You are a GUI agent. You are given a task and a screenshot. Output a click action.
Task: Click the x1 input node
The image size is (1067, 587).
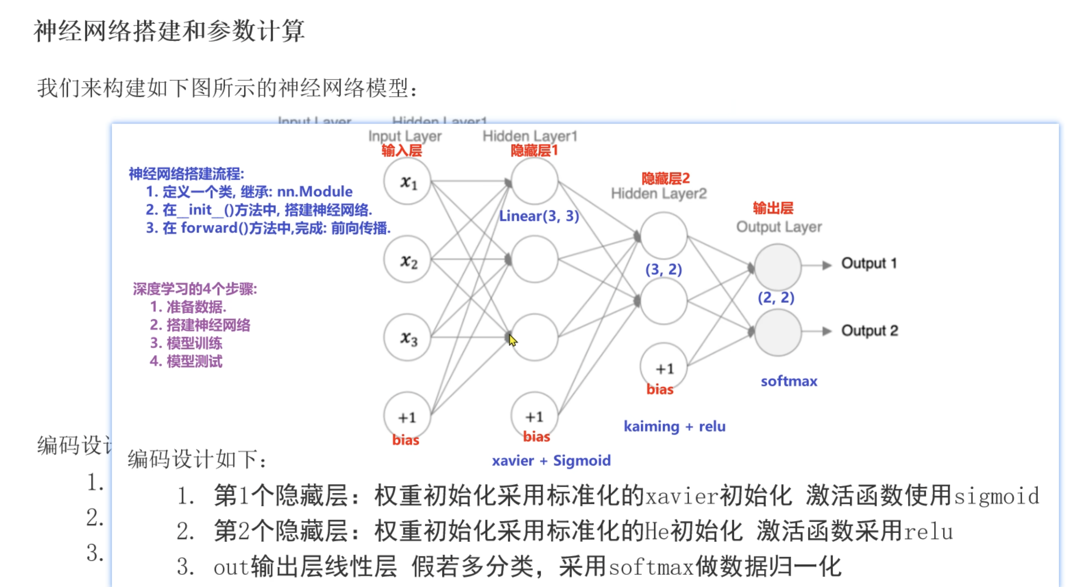pyautogui.click(x=407, y=182)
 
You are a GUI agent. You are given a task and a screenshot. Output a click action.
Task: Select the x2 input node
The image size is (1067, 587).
pyautogui.click(x=407, y=260)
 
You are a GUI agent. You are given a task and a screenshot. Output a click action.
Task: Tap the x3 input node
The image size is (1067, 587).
pyautogui.click(x=407, y=337)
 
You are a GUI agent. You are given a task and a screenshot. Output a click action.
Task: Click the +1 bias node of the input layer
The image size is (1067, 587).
pyautogui.click(x=407, y=417)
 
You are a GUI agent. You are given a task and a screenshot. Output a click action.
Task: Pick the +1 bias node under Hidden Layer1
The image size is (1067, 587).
pyautogui.click(x=534, y=416)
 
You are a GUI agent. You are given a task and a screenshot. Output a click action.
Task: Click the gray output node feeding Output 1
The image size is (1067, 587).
pyautogui.click(x=777, y=267)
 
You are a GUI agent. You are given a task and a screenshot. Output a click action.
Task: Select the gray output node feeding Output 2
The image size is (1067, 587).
pyautogui.click(x=777, y=332)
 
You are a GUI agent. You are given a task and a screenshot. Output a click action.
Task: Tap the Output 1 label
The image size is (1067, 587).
pyautogui.click(x=869, y=264)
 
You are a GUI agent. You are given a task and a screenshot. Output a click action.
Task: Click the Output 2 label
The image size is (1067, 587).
pyautogui.click(x=870, y=331)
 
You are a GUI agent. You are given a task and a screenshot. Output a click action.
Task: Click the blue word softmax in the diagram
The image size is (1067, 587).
pyautogui.click(x=789, y=381)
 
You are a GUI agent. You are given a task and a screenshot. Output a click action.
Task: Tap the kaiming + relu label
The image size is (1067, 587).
pyautogui.click(x=674, y=426)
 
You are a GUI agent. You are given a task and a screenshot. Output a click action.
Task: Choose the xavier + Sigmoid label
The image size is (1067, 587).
pyautogui.click(x=551, y=460)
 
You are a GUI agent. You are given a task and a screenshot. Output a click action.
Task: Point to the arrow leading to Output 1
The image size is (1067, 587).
pyautogui.click(x=816, y=265)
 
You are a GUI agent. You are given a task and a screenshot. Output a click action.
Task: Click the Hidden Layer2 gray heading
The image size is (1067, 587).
pyautogui.click(x=659, y=194)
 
